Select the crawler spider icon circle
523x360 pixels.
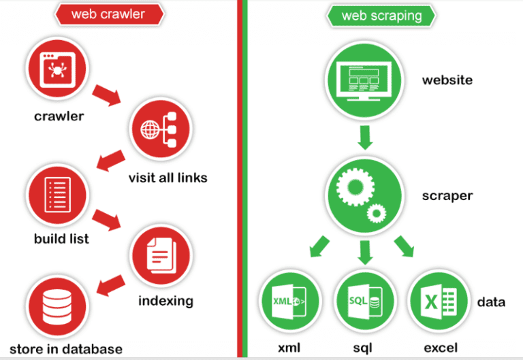[57, 68]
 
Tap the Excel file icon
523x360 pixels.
[436, 301]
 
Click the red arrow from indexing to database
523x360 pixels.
[110, 284]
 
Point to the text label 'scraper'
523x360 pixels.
[447, 197]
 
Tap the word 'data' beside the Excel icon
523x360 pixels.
[490, 301]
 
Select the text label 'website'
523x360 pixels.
[447, 80]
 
